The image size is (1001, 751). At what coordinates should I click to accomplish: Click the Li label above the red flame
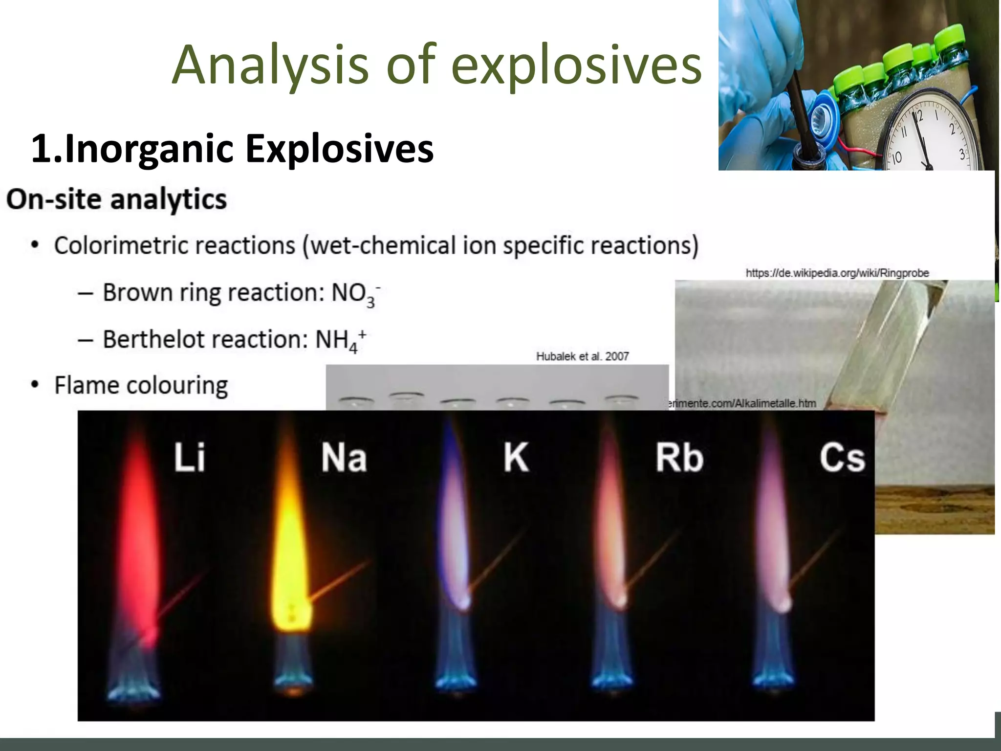(190, 457)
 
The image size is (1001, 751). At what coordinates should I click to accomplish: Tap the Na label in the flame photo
(344, 458)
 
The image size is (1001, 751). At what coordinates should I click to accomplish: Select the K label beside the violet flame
(516, 458)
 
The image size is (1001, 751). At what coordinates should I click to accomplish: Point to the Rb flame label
(679, 458)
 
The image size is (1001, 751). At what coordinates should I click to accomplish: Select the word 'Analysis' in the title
(270, 65)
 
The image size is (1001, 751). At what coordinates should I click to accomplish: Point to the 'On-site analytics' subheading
(116, 199)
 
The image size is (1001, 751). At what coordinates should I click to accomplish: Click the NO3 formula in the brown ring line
(355, 293)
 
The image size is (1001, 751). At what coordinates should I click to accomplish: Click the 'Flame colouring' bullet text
(141, 385)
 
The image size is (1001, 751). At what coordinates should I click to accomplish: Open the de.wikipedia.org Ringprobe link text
(837, 273)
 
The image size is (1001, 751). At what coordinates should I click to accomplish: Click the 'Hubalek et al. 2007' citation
(583, 356)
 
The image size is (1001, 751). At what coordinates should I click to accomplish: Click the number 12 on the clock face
(918, 117)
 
